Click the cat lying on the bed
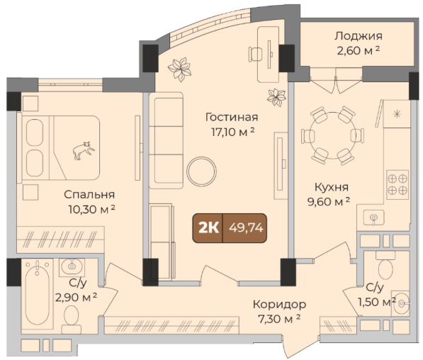click(x=84, y=150)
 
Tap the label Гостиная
click(x=232, y=117)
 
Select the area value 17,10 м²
click(x=233, y=132)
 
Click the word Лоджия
click(x=359, y=36)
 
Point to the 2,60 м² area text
click(x=359, y=50)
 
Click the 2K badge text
click(x=208, y=228)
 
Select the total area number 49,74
click(x=246, y=228)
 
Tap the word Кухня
click(x=332, y=187)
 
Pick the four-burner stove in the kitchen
click(x=397, y=184)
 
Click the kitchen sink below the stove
click(x=373, y=218)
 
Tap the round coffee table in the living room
click(x=201, y=171)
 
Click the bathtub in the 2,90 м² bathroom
click(x=38, y=293)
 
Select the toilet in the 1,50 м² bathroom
click(x=385, y=265)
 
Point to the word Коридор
click(x=279, y=305)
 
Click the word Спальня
click(x=89, y=195)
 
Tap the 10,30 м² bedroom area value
click(x=91, y=209)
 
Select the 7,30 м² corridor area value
click(x=279, y=319)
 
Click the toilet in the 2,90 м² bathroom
click(x=72, y=319)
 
